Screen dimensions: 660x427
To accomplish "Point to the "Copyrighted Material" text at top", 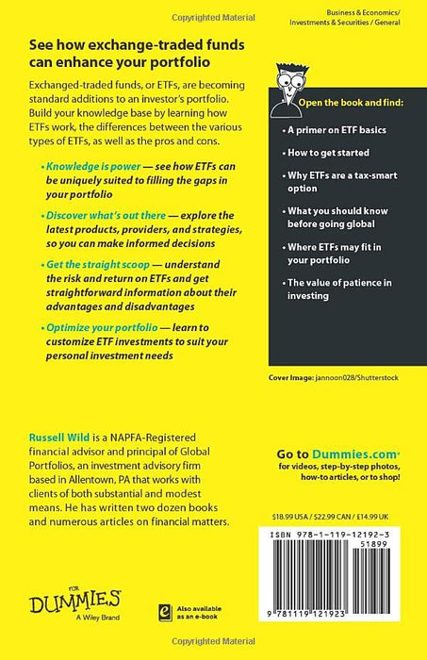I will [x=213, y=6].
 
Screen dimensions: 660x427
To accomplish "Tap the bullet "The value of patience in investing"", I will [x=341, y=289].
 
